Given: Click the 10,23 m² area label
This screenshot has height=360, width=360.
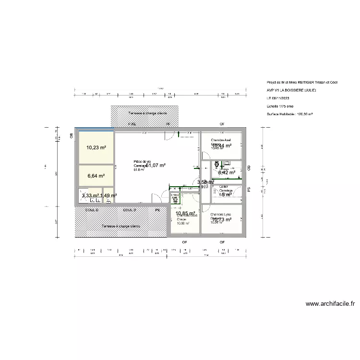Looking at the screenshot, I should pos(96,148).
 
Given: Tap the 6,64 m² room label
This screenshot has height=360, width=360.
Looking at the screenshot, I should pos(96,176).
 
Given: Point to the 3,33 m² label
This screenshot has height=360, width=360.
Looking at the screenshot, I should pos(90,195).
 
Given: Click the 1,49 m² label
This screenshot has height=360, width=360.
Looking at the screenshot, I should pos(108,195).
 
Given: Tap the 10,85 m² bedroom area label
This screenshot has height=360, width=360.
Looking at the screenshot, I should pos(185,213).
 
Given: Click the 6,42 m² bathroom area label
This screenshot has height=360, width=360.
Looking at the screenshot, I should pos(227,172).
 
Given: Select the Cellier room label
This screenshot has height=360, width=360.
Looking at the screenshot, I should pos(224,187).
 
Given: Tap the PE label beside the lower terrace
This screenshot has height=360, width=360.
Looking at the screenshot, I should pos(157,210).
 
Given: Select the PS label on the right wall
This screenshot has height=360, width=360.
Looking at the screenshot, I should pos(249,190).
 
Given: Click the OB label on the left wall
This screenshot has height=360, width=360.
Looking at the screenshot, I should pos(72,136).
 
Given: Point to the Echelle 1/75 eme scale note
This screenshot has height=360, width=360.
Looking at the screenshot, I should pos(280,106).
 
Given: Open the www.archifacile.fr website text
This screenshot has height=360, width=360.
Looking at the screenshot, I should pos(330,304).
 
